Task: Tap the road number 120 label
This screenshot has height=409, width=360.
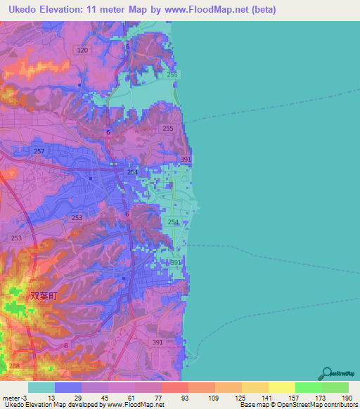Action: coord(82,51)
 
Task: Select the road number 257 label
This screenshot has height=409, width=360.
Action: coord(39,152)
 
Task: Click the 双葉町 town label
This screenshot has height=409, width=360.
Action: coord(43,297)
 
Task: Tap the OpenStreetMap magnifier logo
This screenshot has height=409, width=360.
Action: coord(328,373)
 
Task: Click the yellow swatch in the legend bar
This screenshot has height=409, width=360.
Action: coord(281,387)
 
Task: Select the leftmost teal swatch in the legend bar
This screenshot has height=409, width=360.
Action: coord(41,387)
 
